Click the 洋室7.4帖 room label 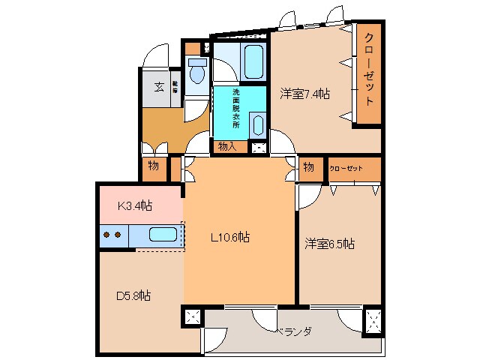(305, 94)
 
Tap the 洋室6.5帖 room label (329, 244)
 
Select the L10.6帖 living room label (229, 238)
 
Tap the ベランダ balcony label (292, 331)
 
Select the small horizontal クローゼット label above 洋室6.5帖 (346, 169)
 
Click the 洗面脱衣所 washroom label (235, 109)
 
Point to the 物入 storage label (226, 147)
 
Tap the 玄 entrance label (160, 87)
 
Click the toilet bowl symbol (197, 73)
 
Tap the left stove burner (106, 235)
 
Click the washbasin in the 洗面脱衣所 (257, 124)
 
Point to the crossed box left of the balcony (191, 317)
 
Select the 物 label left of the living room (152, 166)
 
